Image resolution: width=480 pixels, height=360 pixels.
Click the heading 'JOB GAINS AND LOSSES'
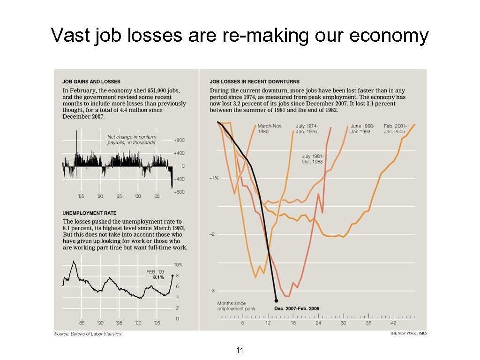[91, 82]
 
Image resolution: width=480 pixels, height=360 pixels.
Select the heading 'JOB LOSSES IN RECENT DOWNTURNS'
[255, 82]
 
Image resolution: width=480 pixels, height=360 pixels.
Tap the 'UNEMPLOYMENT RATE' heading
[90, 213]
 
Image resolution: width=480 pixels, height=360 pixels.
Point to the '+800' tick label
[179, 140]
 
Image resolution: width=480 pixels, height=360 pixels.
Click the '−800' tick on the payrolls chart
[179, 192]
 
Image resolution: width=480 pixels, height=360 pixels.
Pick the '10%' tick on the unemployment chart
[178, 265]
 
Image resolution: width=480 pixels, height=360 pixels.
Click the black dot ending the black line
[276, 300]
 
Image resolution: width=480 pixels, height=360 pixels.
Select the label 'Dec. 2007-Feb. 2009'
[296, 308]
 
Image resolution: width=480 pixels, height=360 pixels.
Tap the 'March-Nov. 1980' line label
[270, 128]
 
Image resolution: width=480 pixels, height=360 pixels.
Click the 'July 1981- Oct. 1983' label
[313, 159]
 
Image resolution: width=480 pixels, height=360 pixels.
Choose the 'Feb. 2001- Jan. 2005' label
[395, 128]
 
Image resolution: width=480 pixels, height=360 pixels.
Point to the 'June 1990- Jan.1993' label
[362, 128]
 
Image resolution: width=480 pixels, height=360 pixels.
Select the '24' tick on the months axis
[318, 323]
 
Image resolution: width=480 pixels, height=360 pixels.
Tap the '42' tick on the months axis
[394, 323]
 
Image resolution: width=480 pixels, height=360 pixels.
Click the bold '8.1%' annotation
[158, 277]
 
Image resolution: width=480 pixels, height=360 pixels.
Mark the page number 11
[240, 350]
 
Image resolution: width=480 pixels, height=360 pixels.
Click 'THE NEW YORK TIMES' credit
[408, 334]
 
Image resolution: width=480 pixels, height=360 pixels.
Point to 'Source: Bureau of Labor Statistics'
[88, 334]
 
